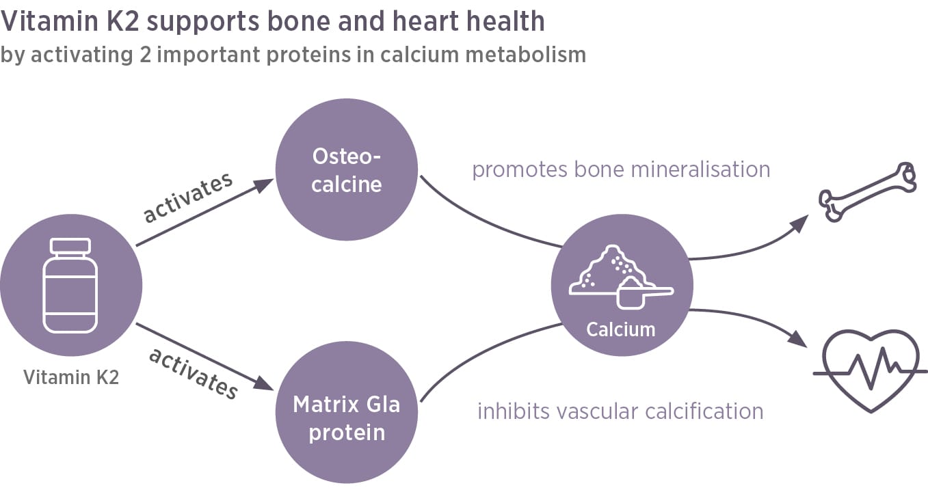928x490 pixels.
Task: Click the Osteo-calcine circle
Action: pos(347,171)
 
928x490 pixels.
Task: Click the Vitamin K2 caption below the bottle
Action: pos(71,377)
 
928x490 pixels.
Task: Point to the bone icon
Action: pos(867,192)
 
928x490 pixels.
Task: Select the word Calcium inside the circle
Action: pos(621,329)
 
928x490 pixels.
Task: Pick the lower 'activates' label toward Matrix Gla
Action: pos(194,373)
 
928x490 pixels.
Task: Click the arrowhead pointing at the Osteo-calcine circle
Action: pos(265,184)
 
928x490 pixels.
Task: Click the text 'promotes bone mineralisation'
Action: pos(621,169)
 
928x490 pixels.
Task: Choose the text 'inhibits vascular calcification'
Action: pos(620,411)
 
